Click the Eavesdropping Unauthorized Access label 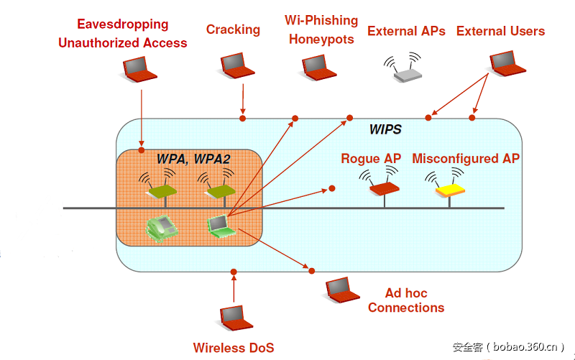(x=122, y=34)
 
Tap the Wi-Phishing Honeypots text (x=321, y=29)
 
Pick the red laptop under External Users (x=507, y=63)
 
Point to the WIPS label (x=385, y=130)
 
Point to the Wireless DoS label (x=234, y=348)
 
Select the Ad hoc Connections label (x=405, y=300)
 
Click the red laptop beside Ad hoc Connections (x=342, y=290)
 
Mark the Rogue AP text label (x=371, y=159)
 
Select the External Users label (x=500, y=31)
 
